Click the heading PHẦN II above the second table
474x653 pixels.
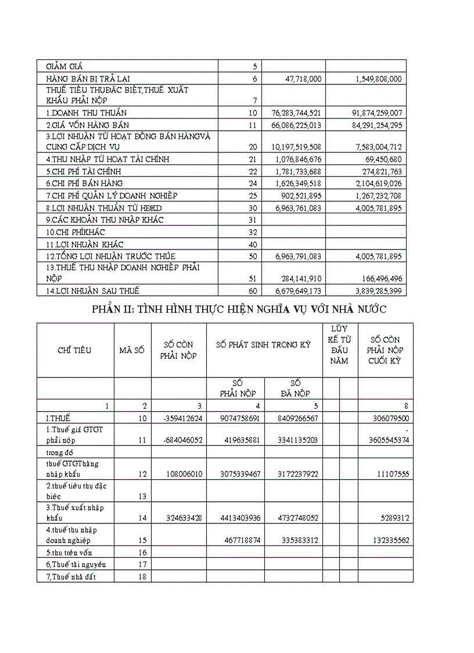coord(239,309)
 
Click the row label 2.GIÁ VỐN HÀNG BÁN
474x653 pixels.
coord(88,125)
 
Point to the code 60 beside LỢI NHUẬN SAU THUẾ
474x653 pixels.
coord(253,291)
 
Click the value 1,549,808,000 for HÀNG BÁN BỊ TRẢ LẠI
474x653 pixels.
coord(372,78)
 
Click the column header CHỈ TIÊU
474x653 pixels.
coord(74,350)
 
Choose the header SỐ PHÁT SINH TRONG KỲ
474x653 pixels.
coord(264,344)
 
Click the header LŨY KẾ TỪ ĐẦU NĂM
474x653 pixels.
coord(339,345)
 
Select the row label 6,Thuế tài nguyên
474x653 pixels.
coord(76,564)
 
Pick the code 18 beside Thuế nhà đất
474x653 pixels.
coord(142,576)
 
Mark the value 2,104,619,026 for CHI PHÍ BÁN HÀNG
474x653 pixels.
coord(372,184)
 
